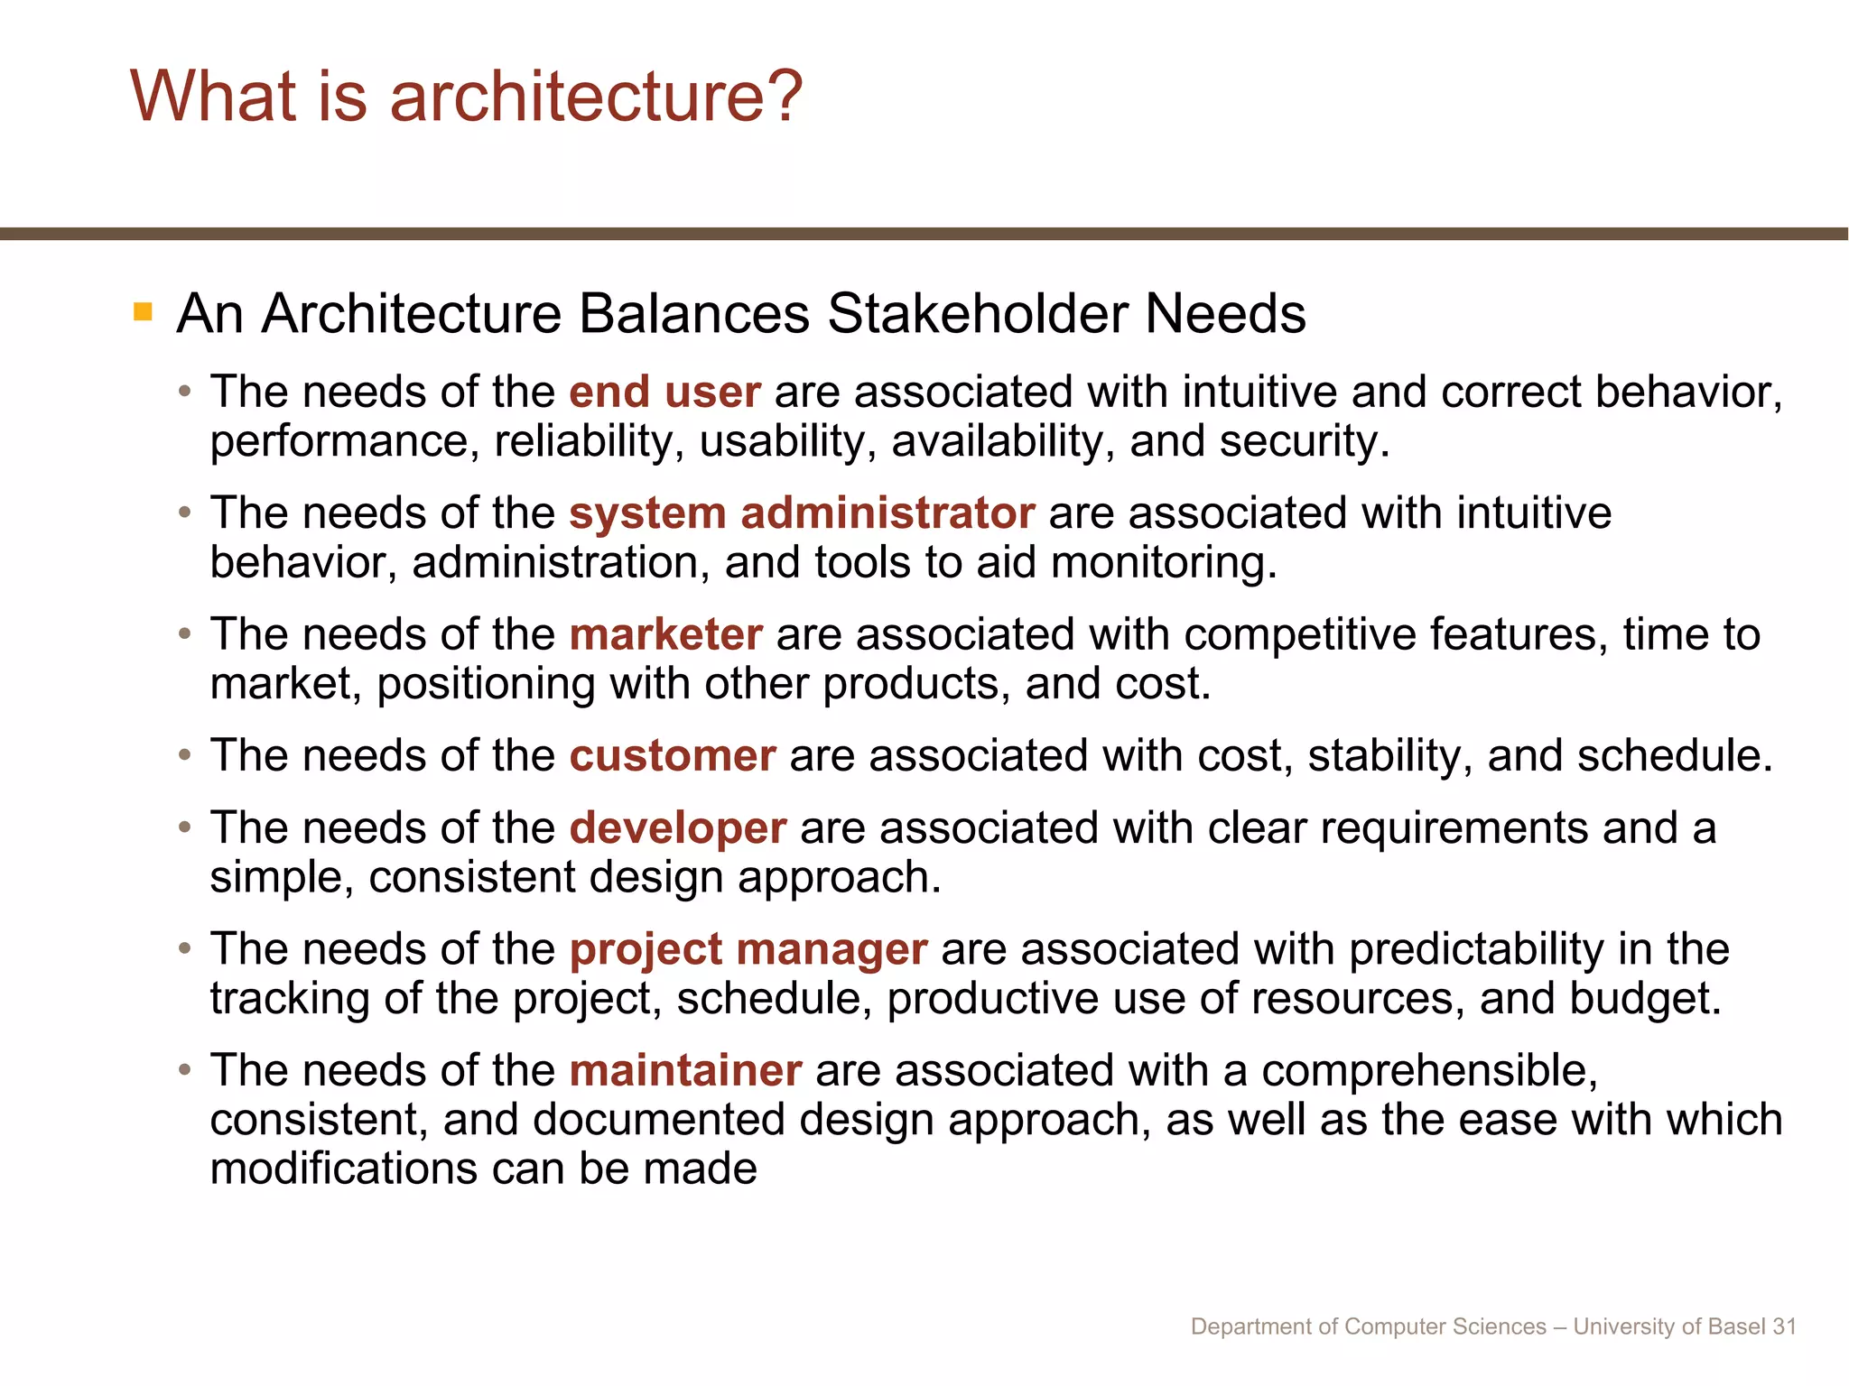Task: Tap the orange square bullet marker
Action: tap(143, 312)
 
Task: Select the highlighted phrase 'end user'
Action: tap(664, 393)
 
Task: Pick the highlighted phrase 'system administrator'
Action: tap(802, 513)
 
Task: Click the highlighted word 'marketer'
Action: tap(666, 634)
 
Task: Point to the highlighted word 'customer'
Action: tap(673, 755)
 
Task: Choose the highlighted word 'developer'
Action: tap(678, 828)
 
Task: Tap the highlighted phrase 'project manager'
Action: tap(748, 949)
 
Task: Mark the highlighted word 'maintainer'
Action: tap(685, 1070)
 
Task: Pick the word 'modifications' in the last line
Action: tap(343, 1169)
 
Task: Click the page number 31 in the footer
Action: tap(1784, 1326)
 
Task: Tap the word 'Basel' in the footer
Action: tap(1738, 1326)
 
